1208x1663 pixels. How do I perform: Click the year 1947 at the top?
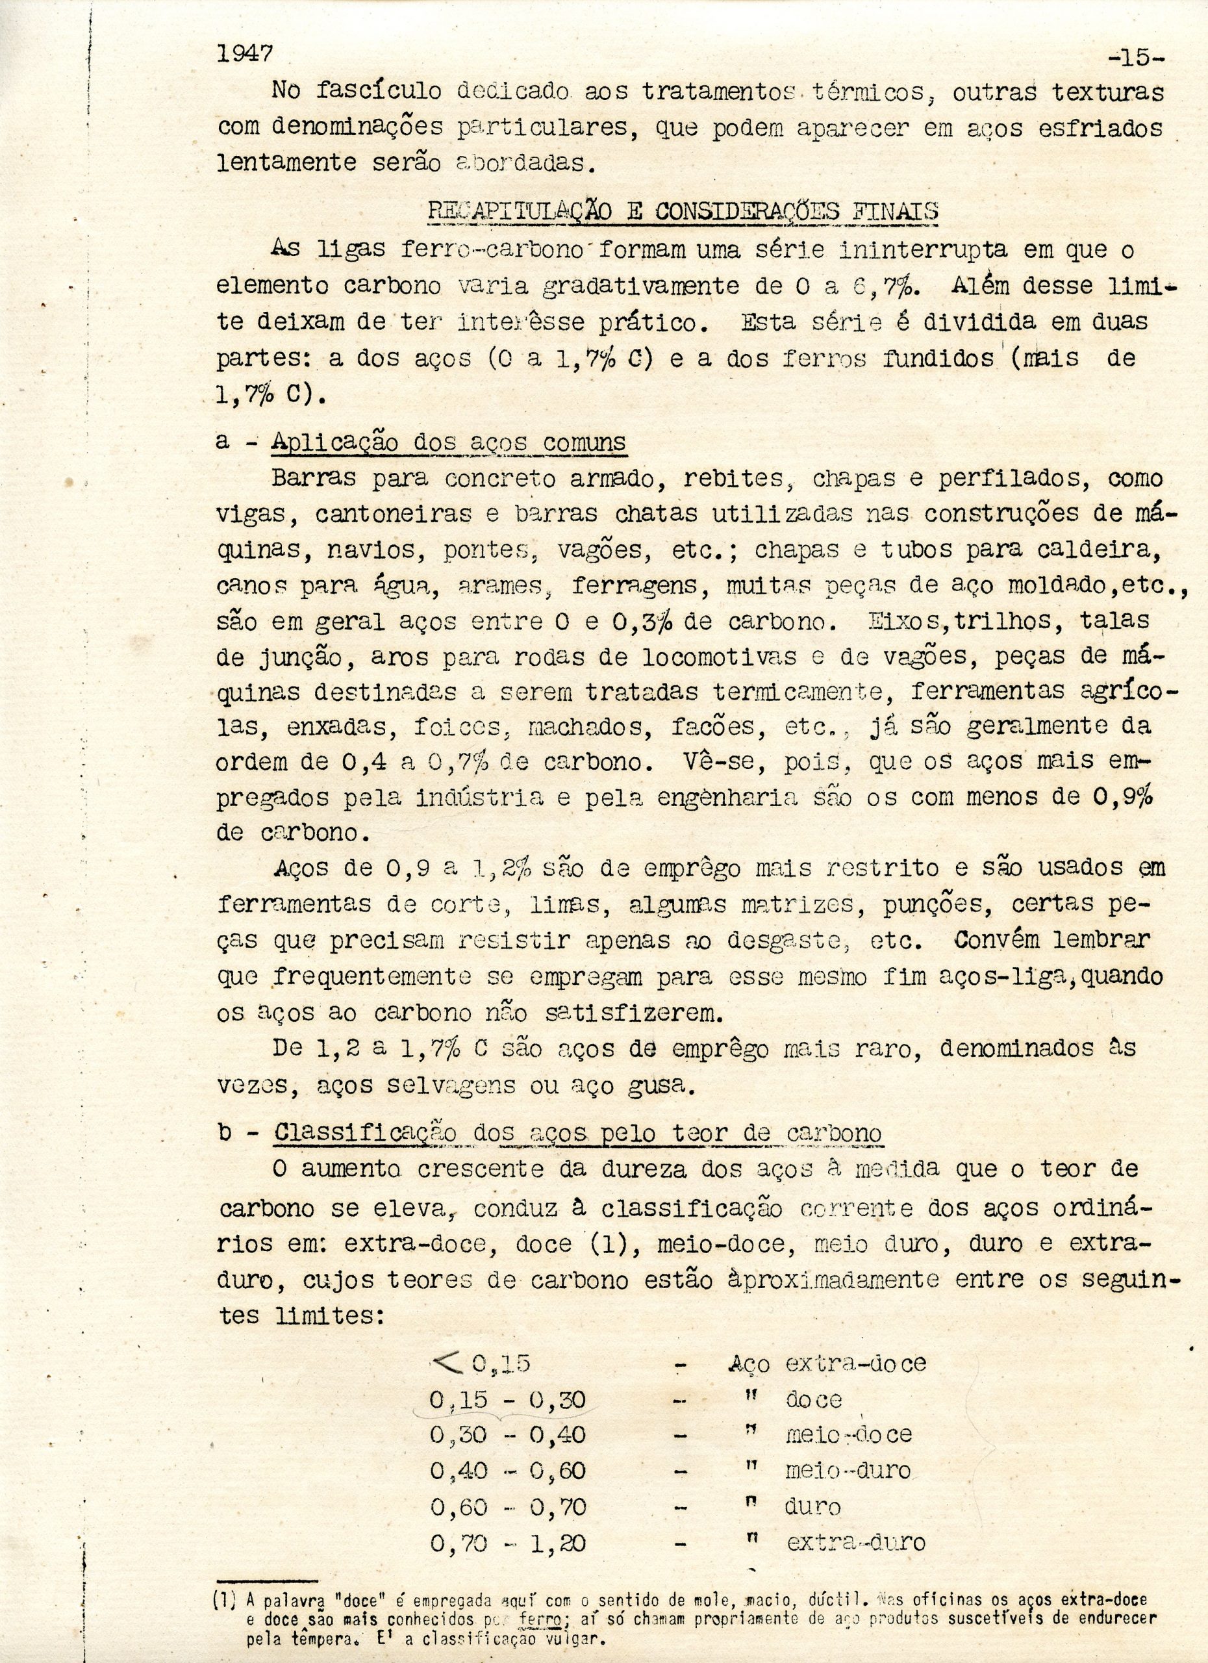[245, 53]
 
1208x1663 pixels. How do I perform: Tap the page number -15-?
[1135, 57]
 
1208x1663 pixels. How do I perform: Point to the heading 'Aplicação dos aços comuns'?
[448, 442]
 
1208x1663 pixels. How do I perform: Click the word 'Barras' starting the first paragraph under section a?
[313, 479]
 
